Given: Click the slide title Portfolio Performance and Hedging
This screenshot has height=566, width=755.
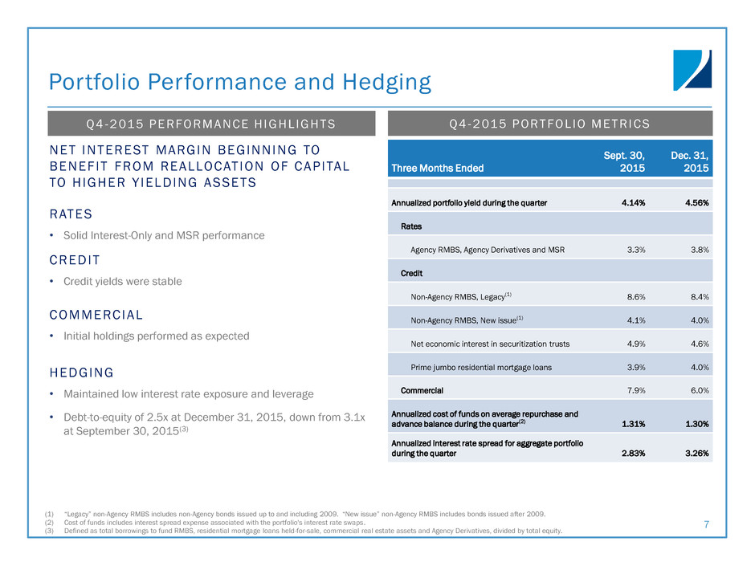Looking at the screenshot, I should (240, 82).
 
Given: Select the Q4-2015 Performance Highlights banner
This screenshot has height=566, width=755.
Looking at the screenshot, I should (211, 124).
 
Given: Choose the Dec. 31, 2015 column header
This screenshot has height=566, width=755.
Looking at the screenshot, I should (692, 161).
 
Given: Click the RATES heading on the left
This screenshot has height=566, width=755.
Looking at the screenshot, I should (71, 214).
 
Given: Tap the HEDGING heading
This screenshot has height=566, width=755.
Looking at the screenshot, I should (81, 373).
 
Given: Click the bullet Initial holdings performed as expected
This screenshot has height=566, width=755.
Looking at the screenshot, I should (156, 336).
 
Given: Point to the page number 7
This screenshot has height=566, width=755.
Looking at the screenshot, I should (706, 525).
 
